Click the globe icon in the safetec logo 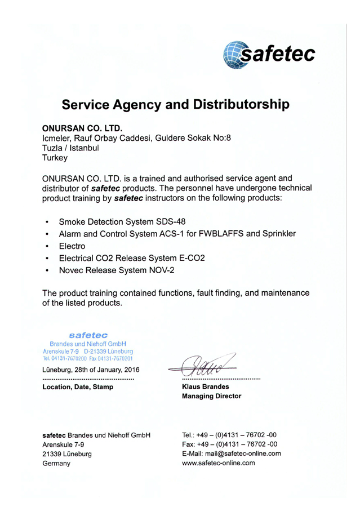(x=237, y=55)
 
